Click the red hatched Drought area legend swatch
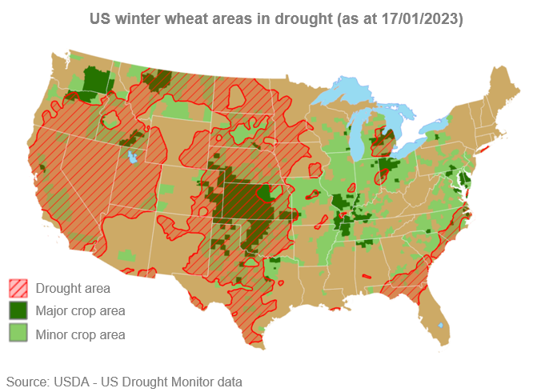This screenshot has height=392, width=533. tap(18, 288)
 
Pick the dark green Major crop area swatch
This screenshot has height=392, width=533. tap(18, 310)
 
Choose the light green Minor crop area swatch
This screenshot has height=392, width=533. tap(18, 333)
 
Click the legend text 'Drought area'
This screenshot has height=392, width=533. tap(73, 288)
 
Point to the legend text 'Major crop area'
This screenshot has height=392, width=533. tap(80, 310)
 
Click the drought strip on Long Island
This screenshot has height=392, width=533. tap(484, 148)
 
